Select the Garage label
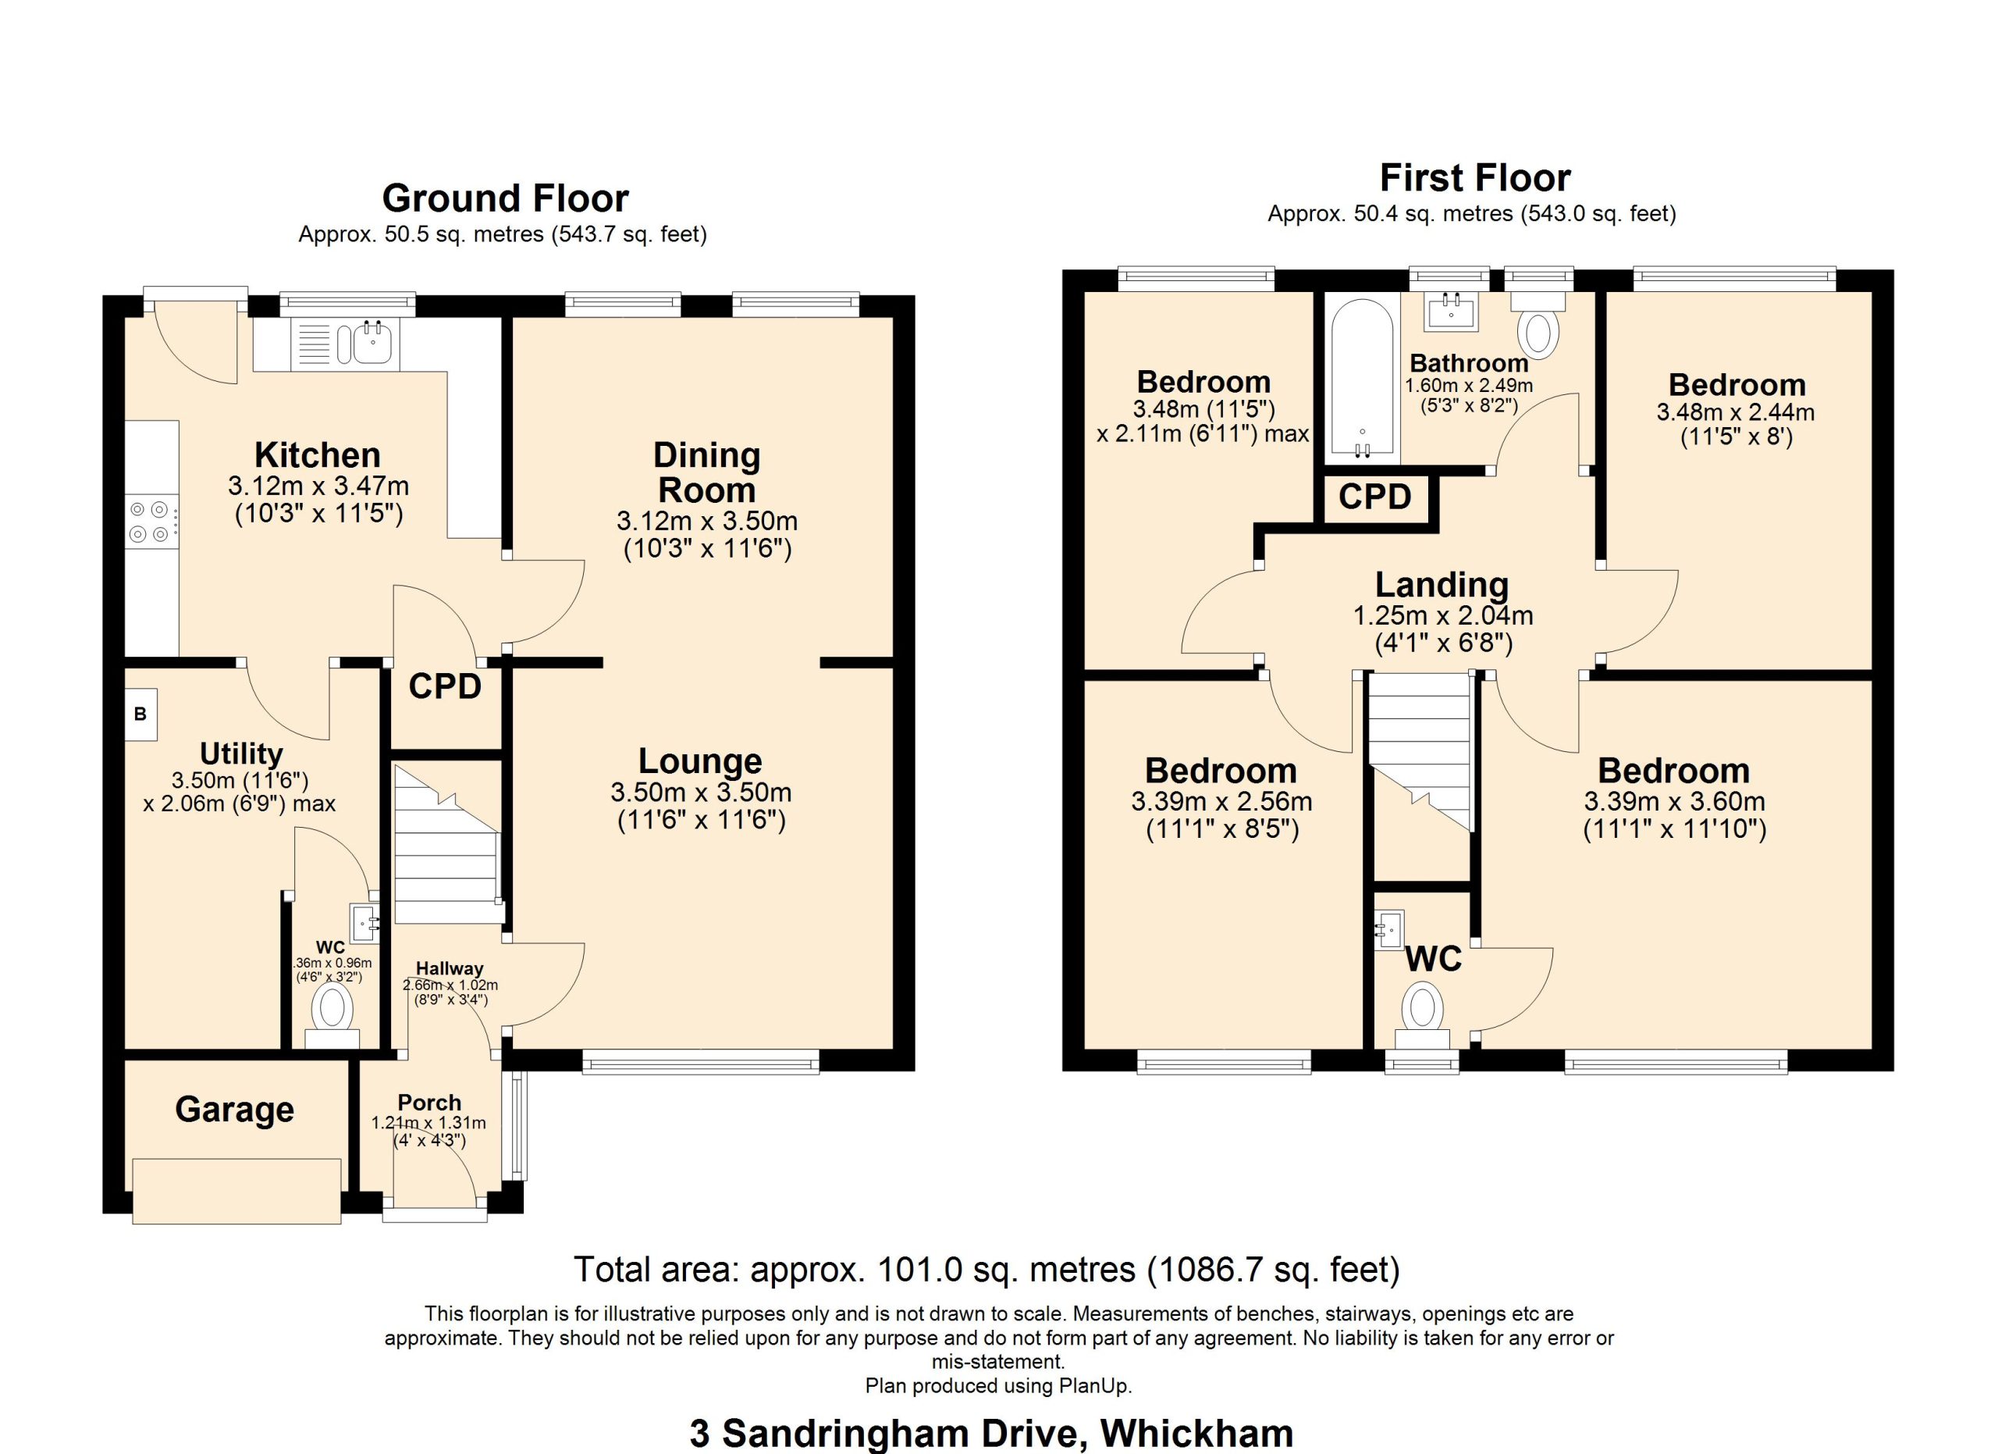[x=234, y=1110]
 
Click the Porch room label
[x=429, y=1103]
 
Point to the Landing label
[x=1442, y=584]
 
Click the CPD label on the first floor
[x=1374, y=497]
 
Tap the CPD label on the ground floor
[x=445, y=686]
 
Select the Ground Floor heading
[x=505, y=198]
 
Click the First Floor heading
[x=1475, y=178]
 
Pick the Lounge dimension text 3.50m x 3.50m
[x=700, y=793]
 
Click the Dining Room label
[x=706, y=472]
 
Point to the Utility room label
[x=240, y=754]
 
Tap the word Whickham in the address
[x=1196, y=1434]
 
